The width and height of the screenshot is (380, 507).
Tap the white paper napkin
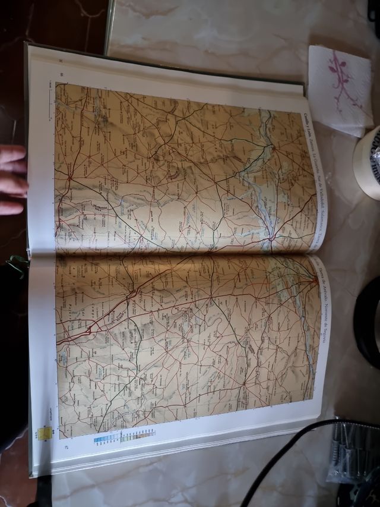[x=338, y=89]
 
